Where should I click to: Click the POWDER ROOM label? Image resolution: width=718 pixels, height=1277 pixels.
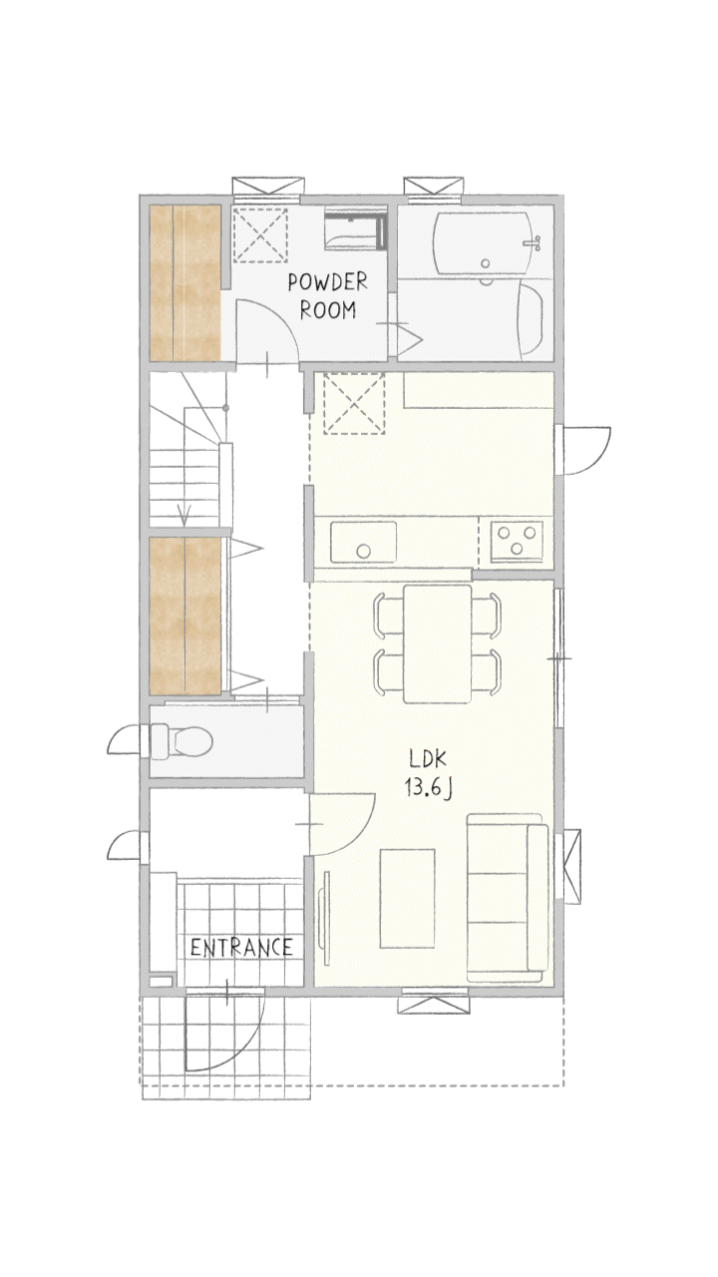point(328,296)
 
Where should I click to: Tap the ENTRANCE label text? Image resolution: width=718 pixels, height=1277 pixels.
point(241,948)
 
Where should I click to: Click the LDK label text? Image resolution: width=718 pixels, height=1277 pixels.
point(428,759)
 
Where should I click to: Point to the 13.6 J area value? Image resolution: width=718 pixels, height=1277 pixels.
point(429,788)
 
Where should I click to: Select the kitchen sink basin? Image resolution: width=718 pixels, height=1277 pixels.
point(363,542)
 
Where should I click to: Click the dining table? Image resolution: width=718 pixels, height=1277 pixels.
point(438,643)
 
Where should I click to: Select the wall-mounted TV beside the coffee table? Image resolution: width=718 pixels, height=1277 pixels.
point(325,919)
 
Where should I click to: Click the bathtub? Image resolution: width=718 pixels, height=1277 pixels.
point(485,242)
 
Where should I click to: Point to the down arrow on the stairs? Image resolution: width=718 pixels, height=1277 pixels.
point(183,516)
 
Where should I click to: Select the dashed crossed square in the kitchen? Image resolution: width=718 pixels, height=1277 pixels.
point(354,404)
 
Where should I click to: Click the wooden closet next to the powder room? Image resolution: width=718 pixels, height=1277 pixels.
point(185,282)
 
